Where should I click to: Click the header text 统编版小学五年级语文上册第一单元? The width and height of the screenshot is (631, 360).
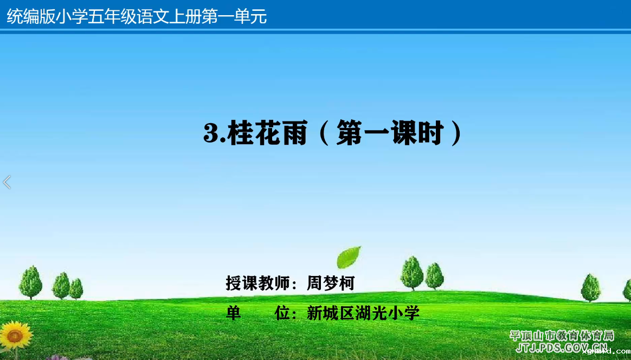pyautogui.click(x=137, y=16)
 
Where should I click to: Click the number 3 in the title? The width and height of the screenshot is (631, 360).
pyautogui.click(x=211, y=133)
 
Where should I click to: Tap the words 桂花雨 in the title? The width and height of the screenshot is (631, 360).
pyautogui.click(x=267, y=132)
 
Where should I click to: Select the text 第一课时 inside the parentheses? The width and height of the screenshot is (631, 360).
pyautogui.click(x=390, y=132)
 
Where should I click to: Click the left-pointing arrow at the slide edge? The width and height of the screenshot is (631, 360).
pyautogui.click(x=7, y=182)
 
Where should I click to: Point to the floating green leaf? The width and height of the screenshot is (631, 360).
pyautogui.click(x=349, y=257)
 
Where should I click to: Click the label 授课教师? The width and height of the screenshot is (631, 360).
pyautogui.click(x=257, y=283)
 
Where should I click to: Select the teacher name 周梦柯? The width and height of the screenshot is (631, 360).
pyautogui.click(x=330, y=283)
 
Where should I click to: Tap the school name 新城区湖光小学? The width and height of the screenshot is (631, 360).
pyautogui.click(x=363, y=313)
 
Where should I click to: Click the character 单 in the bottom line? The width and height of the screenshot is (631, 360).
pyautogui.click(x=234, y=313)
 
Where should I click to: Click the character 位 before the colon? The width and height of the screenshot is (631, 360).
pyautogui.click(x=282, y=313)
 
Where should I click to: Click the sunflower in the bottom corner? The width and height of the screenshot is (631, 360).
pyautogui.click(x=16, y=336)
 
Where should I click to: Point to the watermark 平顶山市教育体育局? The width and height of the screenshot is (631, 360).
pyautogui.click(x=562, y=336)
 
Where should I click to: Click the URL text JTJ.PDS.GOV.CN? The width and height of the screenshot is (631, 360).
pyautogui.click(x=562, y=348)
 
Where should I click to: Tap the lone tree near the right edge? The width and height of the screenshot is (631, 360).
pyautogui.click(x=590, y=287)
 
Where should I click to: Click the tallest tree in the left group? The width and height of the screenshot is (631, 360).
pyautogui.click(x=30, y=282)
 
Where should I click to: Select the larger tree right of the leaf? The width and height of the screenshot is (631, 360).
pyautogui.click(x=412, y=273)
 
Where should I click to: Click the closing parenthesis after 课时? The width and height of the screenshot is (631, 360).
pyautogui.click(x=457, y=133)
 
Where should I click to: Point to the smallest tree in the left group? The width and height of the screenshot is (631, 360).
pyautogui.click(x=76, y=289)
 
